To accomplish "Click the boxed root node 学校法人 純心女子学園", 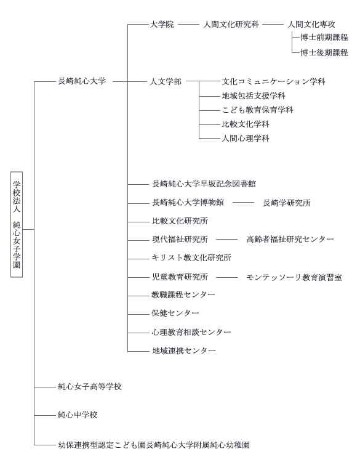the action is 17,224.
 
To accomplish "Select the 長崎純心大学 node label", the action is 82,81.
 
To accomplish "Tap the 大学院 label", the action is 162,24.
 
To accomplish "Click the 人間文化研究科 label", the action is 231,24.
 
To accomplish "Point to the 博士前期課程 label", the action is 324,37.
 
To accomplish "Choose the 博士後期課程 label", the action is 324,52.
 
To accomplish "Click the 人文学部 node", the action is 166,81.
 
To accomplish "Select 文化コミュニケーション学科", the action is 274,81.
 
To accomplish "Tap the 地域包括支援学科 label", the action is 254,95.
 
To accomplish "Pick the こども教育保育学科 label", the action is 258,110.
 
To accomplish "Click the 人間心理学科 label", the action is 246,138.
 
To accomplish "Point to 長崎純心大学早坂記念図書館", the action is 204,184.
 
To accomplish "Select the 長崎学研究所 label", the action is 287,203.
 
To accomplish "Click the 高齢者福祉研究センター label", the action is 290,239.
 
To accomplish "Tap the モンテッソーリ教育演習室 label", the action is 294,277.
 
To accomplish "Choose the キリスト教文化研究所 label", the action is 191,258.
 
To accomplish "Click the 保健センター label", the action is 175,313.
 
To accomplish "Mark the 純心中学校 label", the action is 78,415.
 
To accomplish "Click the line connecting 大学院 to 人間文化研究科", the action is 189,25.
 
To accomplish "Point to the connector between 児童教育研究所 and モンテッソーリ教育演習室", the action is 226,277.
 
